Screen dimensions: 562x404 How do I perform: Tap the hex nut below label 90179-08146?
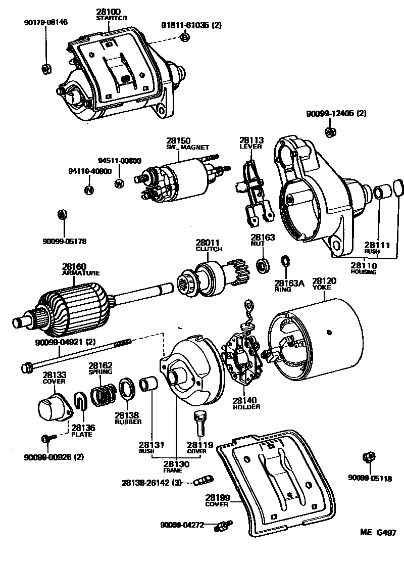pos(45,68)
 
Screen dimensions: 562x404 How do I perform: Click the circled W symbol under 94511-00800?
pos(119,183)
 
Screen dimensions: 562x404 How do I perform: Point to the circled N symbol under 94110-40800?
pos(88,190)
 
